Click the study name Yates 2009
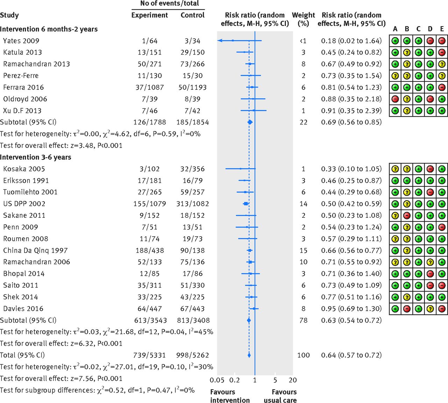point(21,41)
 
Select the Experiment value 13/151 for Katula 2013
point(149,52)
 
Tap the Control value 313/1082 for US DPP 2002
point(192,204)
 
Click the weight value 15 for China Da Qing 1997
point(303,251)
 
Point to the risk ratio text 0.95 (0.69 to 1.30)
point(351,309)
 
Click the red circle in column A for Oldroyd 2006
point(395,99)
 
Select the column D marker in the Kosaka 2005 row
point(430,169)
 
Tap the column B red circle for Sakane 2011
point(407,215)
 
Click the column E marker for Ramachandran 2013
point(442,64)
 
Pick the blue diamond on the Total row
point(249,355)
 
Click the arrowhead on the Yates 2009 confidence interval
point(220,41)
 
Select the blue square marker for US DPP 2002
point(246,204)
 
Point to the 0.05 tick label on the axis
point(217,380)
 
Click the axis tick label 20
point(293,380)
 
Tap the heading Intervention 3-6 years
point(35,157)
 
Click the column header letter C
point(419,29)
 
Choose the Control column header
point(192,15)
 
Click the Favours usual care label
point(280,396)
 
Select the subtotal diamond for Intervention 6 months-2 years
point(250,122)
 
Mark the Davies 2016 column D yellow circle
point(430,309)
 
